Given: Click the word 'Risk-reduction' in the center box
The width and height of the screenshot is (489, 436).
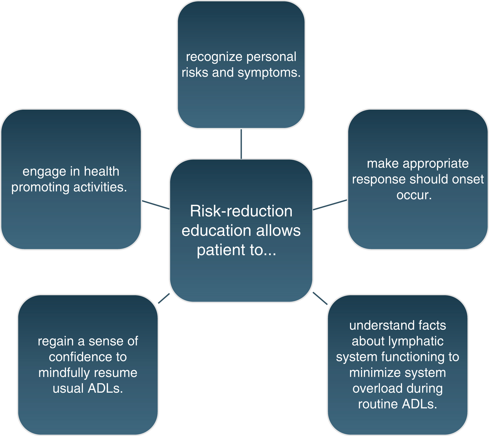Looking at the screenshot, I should (241, 211).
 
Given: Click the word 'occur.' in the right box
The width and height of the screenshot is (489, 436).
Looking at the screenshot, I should (414, 195).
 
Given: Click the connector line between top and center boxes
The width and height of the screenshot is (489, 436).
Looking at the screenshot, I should (241, 144).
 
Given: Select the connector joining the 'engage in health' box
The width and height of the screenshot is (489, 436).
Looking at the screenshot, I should (156, 205).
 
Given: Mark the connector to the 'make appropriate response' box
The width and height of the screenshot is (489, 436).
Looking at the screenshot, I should (330, 205).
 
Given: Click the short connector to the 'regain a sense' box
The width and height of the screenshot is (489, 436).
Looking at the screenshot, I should (164, 298).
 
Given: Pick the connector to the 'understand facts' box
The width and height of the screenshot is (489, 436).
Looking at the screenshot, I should (320, 298).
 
